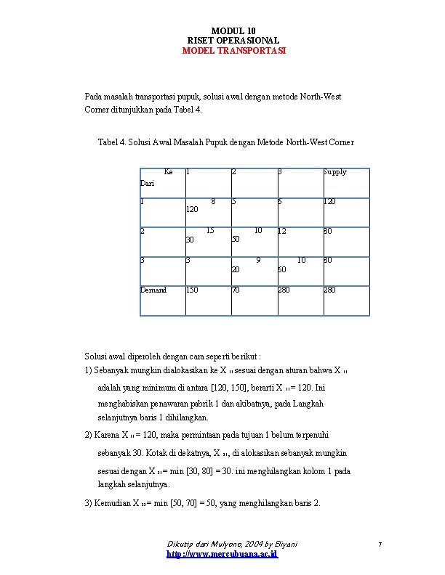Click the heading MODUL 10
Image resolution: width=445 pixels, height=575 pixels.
pyautogui.click(x=233, y=30)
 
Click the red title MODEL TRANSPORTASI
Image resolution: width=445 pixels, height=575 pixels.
pyautogui.click(x=233, y=52)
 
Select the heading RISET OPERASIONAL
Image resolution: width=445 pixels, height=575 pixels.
pyautogui.click(x=233, y=41)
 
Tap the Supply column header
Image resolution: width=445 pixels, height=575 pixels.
pyautogui.click(x=334, y=172)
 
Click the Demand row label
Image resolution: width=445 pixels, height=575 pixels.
pyautogui.click(x=153, y=290)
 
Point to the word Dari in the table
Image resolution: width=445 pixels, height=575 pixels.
pyautogui.click(x=148, y=184)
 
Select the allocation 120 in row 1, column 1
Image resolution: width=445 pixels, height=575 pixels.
pyautogui.click(x=193, y=209)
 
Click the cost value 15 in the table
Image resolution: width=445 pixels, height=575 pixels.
pyautogui.click(x=210, y=231)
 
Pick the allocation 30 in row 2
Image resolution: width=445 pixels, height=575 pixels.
pyautogui.click(x=190, y=239)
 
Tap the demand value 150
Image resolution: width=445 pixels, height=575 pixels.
pyautogui.click(x=192, y=290)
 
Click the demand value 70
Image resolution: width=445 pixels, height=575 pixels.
pyautogui.click(x=236, y=290)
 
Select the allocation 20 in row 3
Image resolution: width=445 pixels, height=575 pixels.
pyautogui.click(x=236, y=269)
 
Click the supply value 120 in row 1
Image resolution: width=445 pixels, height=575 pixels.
pyautogui.click(x=329, y=201)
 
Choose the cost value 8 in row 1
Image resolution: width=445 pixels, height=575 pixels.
pyautogui.click(x=212, y=201)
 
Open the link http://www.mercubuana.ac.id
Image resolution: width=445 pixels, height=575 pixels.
pyautogui.click(x=222, y=555)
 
